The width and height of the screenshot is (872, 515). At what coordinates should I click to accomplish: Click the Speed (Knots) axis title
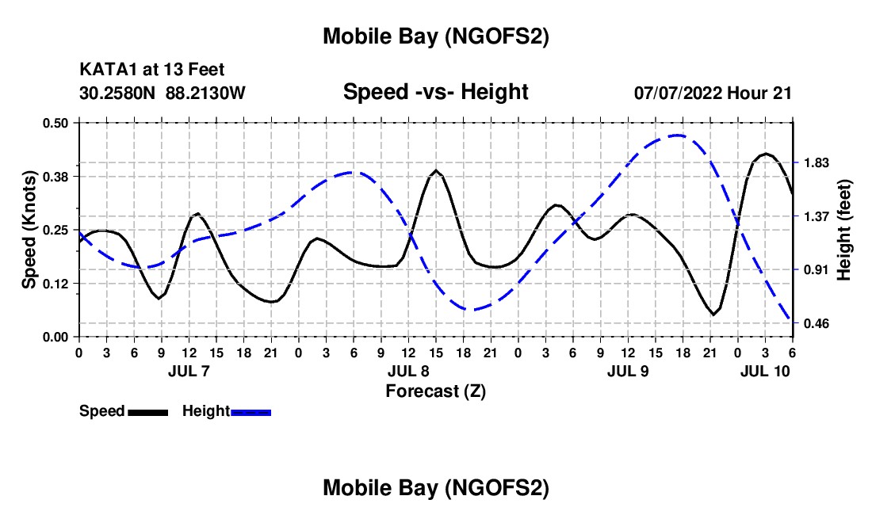[x=29, y=230]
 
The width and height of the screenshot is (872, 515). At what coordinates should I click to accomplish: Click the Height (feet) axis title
[x=843, y=230]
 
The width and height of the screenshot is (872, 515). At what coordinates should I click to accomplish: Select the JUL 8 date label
[x=408, y=371]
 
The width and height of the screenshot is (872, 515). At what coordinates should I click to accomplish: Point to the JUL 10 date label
[x=765, y=371]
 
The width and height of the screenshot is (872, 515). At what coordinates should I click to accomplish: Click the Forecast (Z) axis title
[x=435, y=391]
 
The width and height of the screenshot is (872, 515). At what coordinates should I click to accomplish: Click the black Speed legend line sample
[x=147, y=412]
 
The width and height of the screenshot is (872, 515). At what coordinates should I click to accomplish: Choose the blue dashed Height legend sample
[x=251, y=412]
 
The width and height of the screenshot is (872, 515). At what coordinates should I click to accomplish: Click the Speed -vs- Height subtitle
[x=435, y=92]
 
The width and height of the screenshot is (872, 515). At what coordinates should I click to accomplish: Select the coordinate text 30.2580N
[x=118, y=93]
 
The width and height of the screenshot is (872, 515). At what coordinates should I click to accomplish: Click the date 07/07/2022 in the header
[x=678, y=93]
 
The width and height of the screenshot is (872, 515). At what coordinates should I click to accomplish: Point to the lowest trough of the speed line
[x=713, y=315]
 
